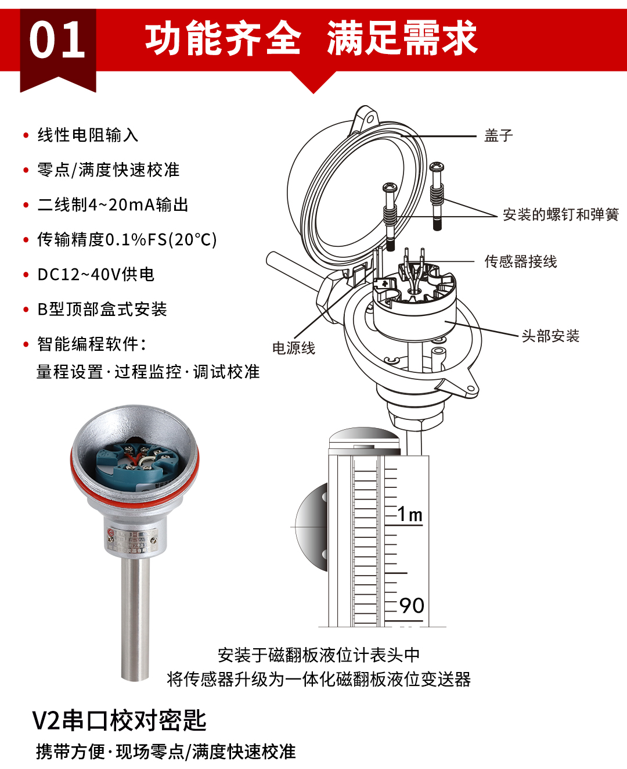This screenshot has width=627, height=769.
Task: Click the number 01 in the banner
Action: (57, 40)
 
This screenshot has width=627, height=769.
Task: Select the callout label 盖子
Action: (499, 136)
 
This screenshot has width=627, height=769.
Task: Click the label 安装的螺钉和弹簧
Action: (560, 215)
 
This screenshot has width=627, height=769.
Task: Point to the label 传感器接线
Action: (520, 262)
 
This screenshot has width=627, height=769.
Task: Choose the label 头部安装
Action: (550, 336)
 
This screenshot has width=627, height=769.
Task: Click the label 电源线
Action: (293, 348)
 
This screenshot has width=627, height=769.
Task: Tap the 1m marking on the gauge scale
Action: (410, 515)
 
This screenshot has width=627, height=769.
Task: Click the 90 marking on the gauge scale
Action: (412, 606)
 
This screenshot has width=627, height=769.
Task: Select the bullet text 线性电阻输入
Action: (88, 135)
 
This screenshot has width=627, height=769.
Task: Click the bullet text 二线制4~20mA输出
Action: (113, 205)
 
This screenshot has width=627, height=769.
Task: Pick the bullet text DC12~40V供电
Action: (96, 275)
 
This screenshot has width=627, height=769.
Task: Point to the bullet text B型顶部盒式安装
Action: (102, 310)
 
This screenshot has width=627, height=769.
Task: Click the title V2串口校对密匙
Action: (119, 721)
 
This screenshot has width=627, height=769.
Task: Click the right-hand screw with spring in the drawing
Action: (437, 195)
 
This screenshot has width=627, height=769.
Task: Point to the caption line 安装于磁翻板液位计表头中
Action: (318, 656)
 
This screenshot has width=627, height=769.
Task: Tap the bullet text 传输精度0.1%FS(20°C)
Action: (127, 240)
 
